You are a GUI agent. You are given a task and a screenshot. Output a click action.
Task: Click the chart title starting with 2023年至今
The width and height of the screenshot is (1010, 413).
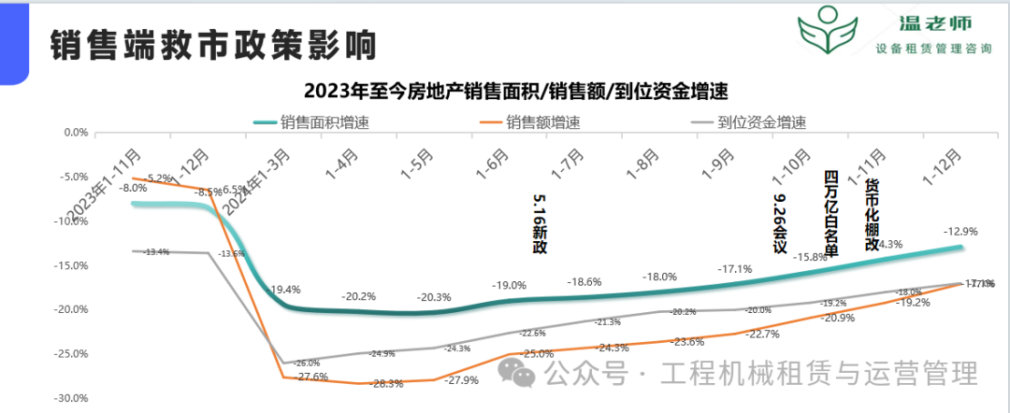pyautogui.click(x=515, y=92)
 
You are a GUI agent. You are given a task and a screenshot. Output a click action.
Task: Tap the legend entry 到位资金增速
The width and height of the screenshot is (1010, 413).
pyautogui.click(x=761, y=121)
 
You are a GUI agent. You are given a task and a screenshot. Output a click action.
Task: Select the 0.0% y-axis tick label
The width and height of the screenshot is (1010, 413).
pyautogui.click(x=75, y=133)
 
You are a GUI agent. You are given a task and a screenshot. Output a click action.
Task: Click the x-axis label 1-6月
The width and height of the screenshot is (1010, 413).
pyautogui.click(x=494, y=166)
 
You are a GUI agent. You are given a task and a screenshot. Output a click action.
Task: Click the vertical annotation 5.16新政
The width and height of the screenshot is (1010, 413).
pyautogui.click(x=539, y=224)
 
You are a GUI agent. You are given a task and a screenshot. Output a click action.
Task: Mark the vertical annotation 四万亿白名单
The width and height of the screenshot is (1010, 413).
pyautogui.click(x=830, y=213)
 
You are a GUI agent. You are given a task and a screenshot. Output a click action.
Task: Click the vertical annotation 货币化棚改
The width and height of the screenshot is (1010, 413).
pyautogui.click(x=872, y=214)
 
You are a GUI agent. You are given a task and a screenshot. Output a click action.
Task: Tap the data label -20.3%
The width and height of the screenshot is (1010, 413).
pyautogui.click(x=434, y=297)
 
